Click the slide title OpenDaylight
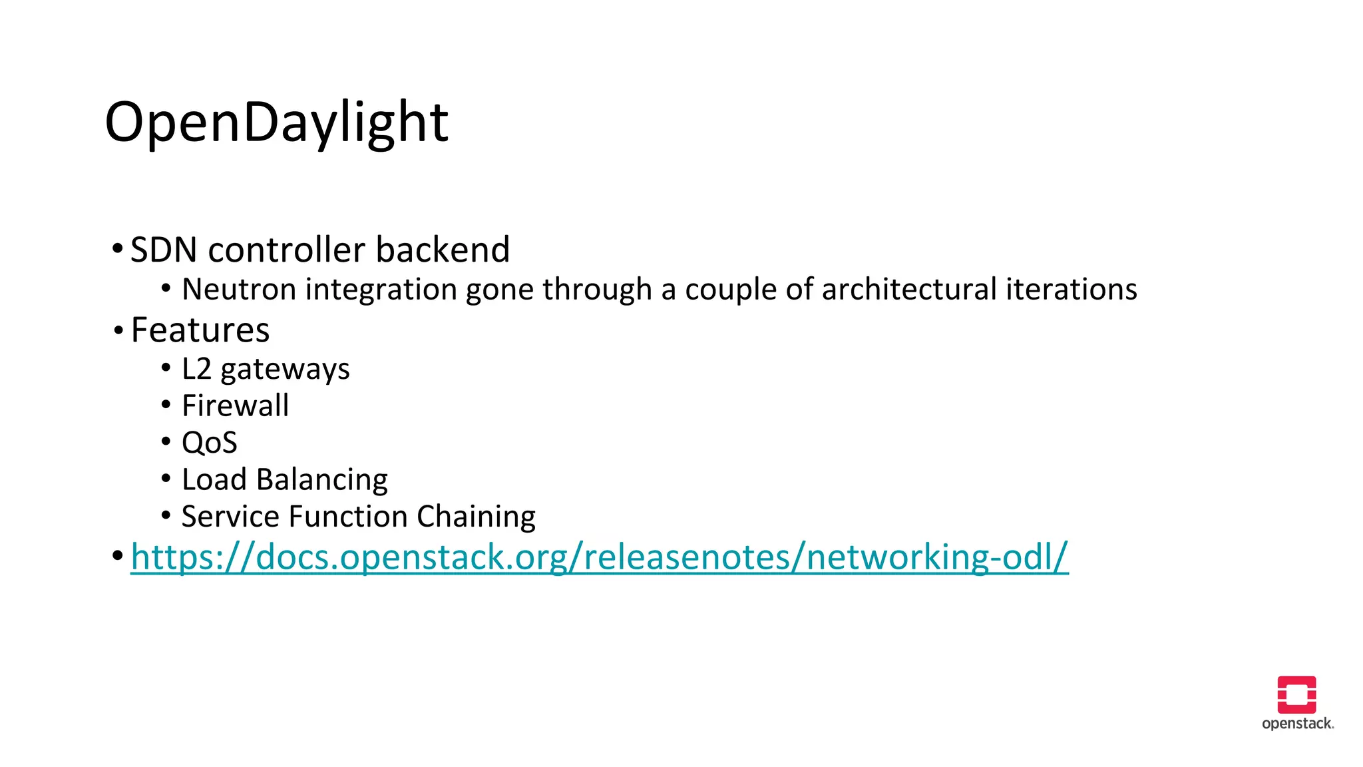click(276, 123)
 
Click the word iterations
click(1071, 290)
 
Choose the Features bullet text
click(200, 330)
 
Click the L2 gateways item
click(266, 370)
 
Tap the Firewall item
click(236, 406)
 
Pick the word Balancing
click(322, 480)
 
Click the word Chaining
click(476, 517)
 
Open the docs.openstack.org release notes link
click(599, 557)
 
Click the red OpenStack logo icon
click(1296, 694)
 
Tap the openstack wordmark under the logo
click(1297, 724)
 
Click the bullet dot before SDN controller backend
click(118, 250)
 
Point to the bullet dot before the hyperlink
click(118, 555)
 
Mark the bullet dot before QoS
click(166, 441)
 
